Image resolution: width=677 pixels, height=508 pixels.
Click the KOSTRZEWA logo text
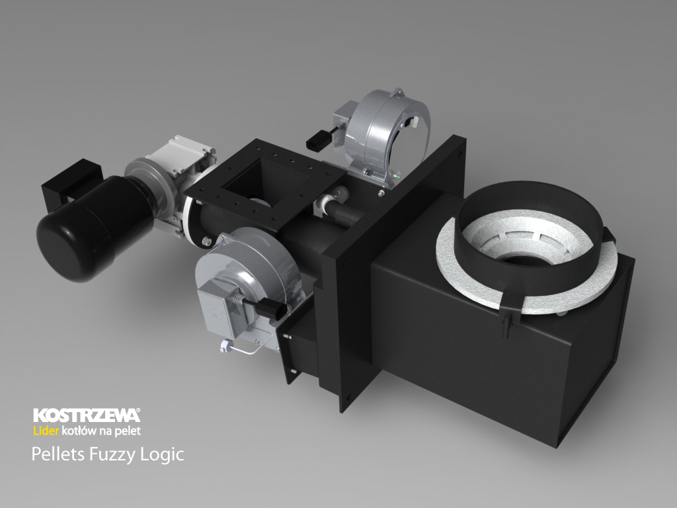click(x=87, y=415)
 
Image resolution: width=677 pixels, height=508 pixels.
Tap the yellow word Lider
click(x=46, y=431)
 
